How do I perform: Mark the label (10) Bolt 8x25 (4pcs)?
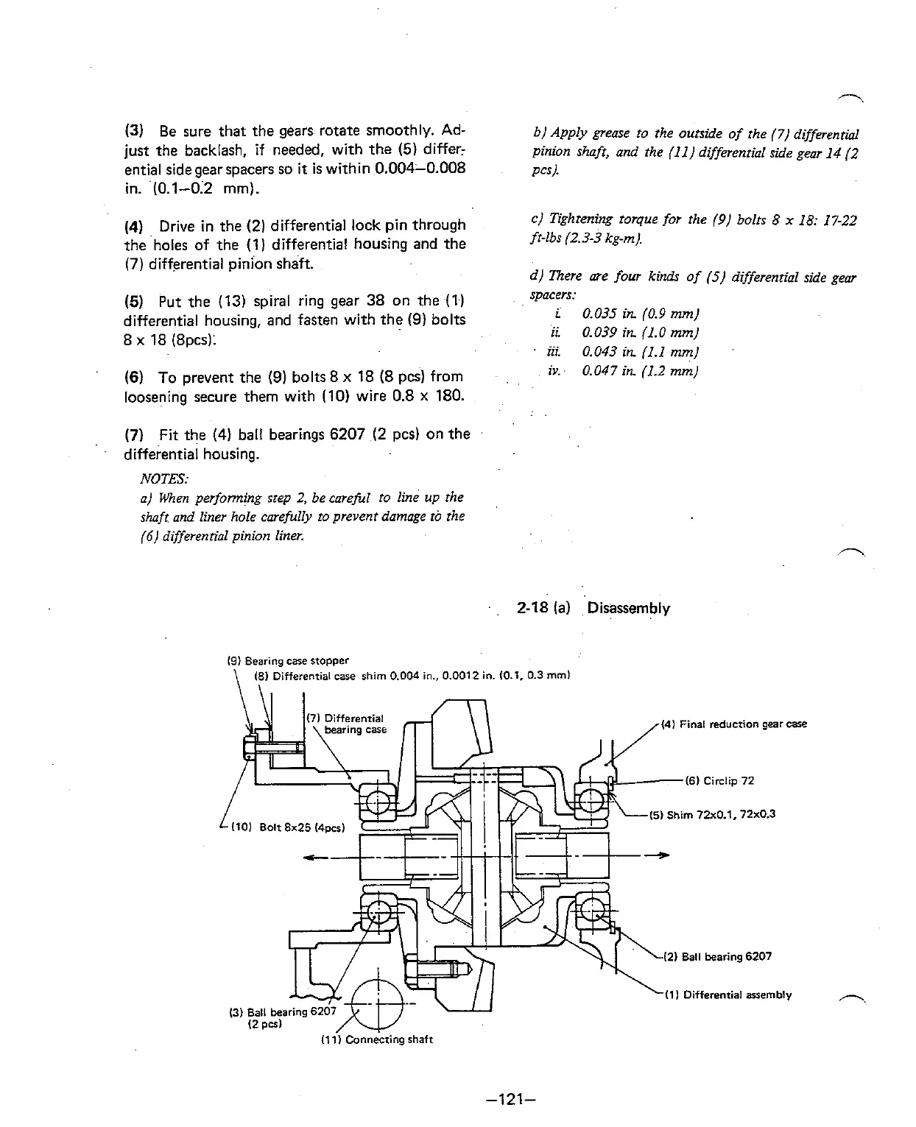click(x=289, y=827)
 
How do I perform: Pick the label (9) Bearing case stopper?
click(x=287, y=660)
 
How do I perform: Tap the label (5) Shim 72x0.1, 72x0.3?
click(x=713, y=814)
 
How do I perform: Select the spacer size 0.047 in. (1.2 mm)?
click(x=639, y=371)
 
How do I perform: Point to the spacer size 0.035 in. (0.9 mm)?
click(x=639, y=314)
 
